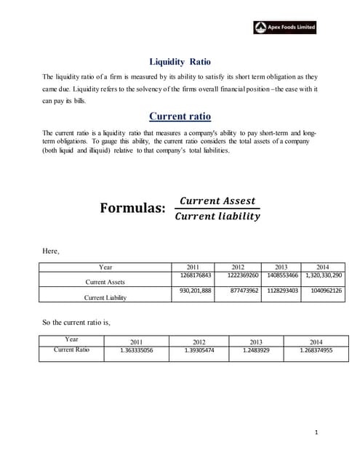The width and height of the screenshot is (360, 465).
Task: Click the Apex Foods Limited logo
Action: (x=285, y=27)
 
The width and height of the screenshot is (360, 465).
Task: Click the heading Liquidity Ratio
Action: (x=180, y=62)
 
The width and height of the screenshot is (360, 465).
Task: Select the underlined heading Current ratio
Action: (x=180, y=116)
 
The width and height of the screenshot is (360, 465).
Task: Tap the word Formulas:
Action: (x=133, y=209)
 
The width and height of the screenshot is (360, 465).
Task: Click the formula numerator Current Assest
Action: (x=217, y=201)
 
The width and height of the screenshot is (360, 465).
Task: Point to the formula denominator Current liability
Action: (x=217, y=217)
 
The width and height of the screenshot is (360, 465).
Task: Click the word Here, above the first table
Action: (x=51, y=251)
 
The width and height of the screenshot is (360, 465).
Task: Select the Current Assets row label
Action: (x=105, y=282)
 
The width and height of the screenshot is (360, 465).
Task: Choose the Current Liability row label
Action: (x=105, y=297)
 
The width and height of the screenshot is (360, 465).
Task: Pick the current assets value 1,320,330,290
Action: (x=324, y=275)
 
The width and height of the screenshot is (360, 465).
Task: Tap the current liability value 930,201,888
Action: (x=195, y=291)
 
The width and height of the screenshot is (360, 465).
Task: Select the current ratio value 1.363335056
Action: (x=136, y=350)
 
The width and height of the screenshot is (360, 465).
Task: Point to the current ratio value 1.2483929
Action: (x=256, y=350)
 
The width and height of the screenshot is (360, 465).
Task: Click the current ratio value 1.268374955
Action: (x=316, y=350)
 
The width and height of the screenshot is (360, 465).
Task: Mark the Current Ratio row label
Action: (x=71, y=349)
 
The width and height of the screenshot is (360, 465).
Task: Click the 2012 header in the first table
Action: (x=238, y=267)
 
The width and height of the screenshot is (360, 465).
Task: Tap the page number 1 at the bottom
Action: (x=316, y=433)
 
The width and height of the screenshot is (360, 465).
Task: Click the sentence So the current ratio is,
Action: (x=76, y=321)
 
